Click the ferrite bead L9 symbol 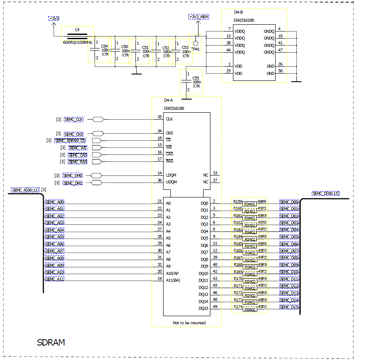click(x=77, y=36)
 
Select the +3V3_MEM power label click(x=199, y=17)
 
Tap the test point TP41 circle click(x=195, y=43)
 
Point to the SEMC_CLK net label click(x=74, y=120)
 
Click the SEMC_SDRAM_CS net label click(x=70, y=140)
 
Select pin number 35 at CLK click(x=160, y=117)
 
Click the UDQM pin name click(x=171, y=182)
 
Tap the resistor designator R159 click(x=238, y=201)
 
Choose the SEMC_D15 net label click(x=289, y=307)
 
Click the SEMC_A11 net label click(x=55, y=279)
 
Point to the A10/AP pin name click(x=172, y=273)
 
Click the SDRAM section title click(x=51, y=342)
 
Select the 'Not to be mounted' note click(x=189, y=323)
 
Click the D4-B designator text click(x=239, y=12)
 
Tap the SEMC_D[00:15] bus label click(x=326, y=194)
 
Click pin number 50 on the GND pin click(x=280, y=71)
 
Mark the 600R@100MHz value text click(x=78, y=43)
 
